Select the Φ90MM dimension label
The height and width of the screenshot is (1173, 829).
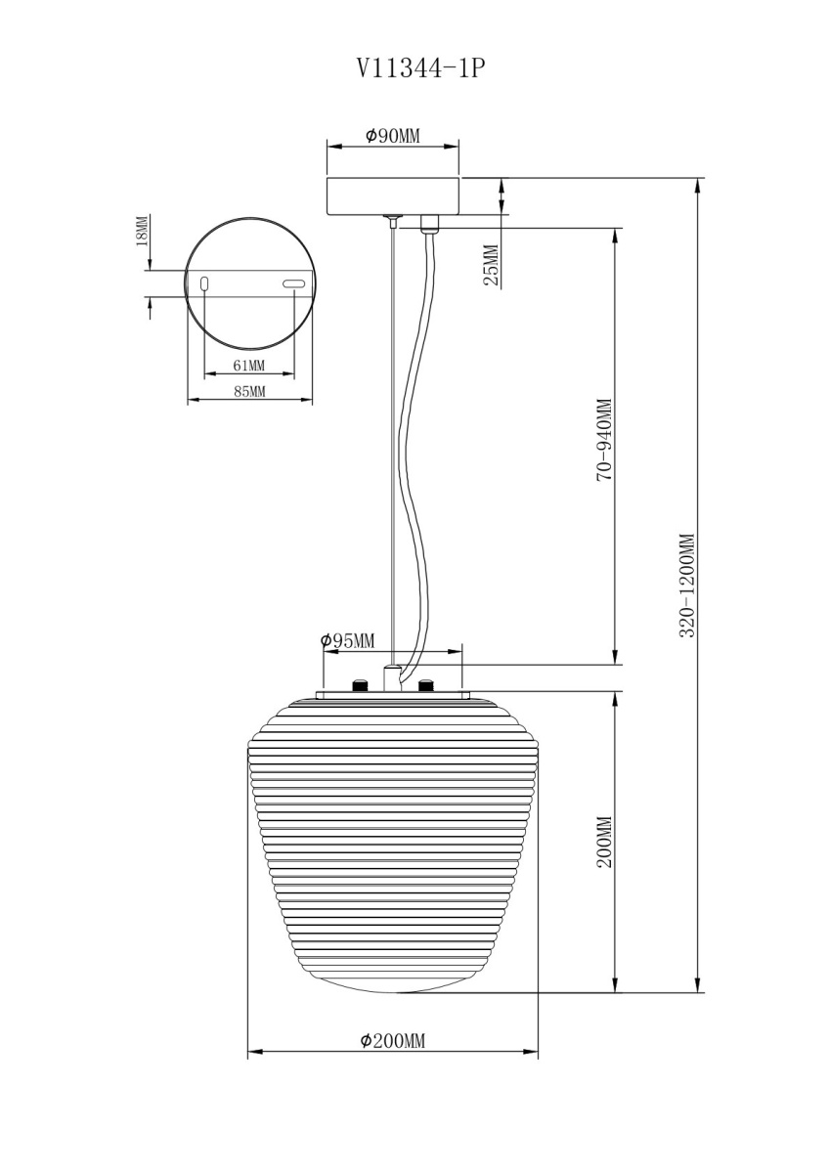(393, 136)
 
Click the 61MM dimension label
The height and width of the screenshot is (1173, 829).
(248, 365)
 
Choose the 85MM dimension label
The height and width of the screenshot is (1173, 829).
(250, 391)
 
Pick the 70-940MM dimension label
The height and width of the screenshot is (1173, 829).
(605, 439)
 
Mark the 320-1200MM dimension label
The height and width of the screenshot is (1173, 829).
(686, 585)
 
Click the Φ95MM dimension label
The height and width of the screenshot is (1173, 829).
(348, 640)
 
